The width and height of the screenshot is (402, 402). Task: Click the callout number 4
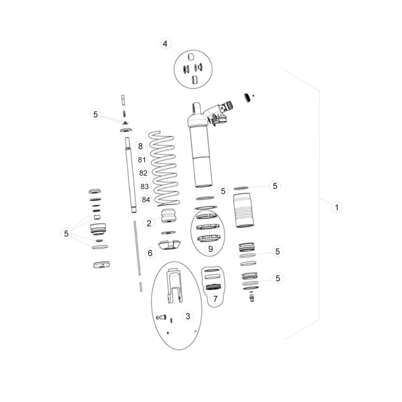pyautogui.click(x=165, y=43)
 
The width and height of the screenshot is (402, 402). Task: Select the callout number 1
pyautogui.click(x=337, y=207)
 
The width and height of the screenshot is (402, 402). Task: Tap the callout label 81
pyautogui.click(x=142, y=160)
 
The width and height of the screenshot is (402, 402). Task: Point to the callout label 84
pyautogui.click(x=146, y=199)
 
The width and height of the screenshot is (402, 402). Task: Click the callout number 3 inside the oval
pyautogui.click(x=188, y=316)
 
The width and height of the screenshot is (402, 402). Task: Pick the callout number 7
pyautogui.click(x=215, y=299)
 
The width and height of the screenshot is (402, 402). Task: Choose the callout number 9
pyautogui.click(x=210, y=249)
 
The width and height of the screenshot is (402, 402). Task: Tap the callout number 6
pyautogui.click(x=150, y=253)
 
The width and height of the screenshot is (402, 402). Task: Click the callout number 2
pyautogui.click(x=149, y=223)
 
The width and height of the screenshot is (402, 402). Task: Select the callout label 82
pyautogui.click(x=143, y=173)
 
